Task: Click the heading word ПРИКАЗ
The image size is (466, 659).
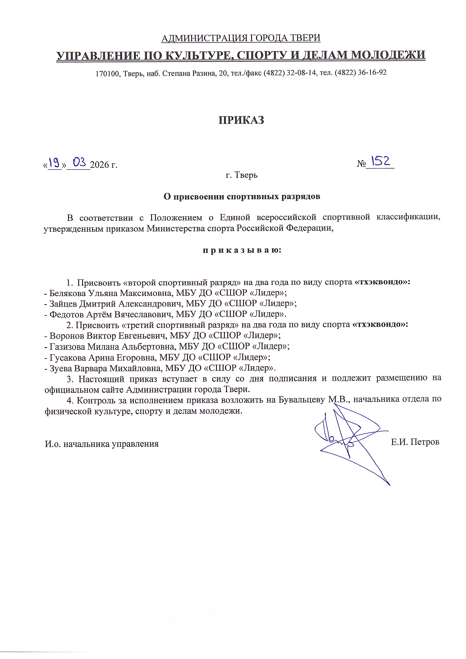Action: pos(241,120)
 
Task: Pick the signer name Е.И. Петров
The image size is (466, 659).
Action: pos(415,442)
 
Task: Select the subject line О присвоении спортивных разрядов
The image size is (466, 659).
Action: pos(242,197)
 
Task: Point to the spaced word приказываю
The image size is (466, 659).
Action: pos(242,250)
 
